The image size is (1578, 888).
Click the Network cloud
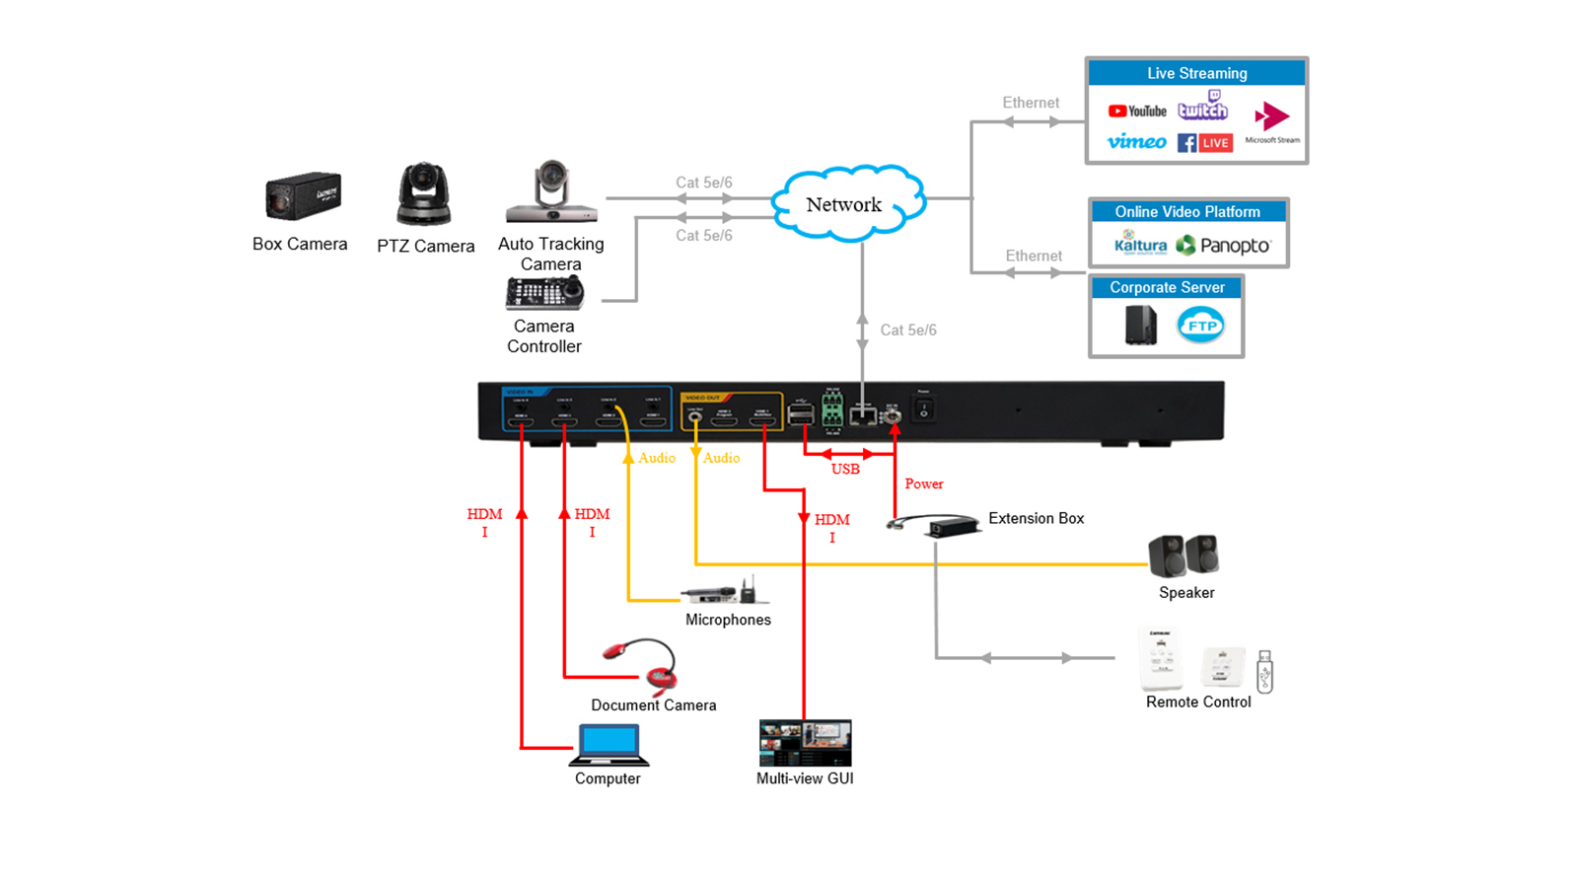click(x=846, y=204)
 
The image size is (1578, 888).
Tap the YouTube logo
click(x=1136, y=111)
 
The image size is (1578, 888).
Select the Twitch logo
click(x=1203, y=107)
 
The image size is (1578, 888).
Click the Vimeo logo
click(x=1136, y=142)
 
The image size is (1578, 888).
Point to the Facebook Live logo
click(x=1204, y=143)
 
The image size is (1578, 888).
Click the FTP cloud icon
click(x=1200, y=326)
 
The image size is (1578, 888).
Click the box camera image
click(x=302, y=196)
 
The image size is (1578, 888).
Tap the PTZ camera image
click(x=424, y=194)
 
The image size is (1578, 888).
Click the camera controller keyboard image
click(x=543, y=293)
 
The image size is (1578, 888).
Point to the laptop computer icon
click(x=609, y=745)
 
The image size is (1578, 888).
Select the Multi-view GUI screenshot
click(x=805, y=743)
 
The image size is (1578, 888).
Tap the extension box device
click(x=937, y=525)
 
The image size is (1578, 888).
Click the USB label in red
click(x=845, y=470)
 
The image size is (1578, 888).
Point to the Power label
click(x=924, y=483)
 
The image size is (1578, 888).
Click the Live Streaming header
click(x=1196, y=73)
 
